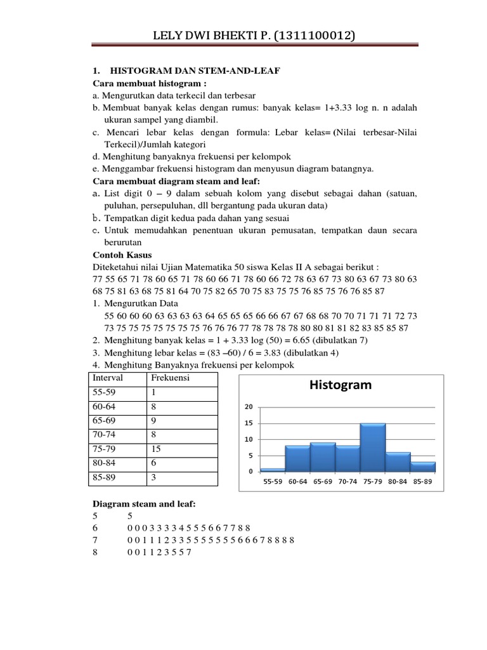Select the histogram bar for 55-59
coord(273,470)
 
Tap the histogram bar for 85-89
coord(422,467)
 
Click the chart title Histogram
coord(340,385)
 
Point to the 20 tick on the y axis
coord(249,407)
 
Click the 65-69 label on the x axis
coord(322,482)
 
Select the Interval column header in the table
coord(108,378)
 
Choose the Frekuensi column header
coord(170,378)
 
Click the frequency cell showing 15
coord(157,448)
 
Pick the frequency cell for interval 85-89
coord(154,476)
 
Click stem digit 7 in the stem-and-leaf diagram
coord(95,540)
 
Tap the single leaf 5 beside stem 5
coord(129,517)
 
